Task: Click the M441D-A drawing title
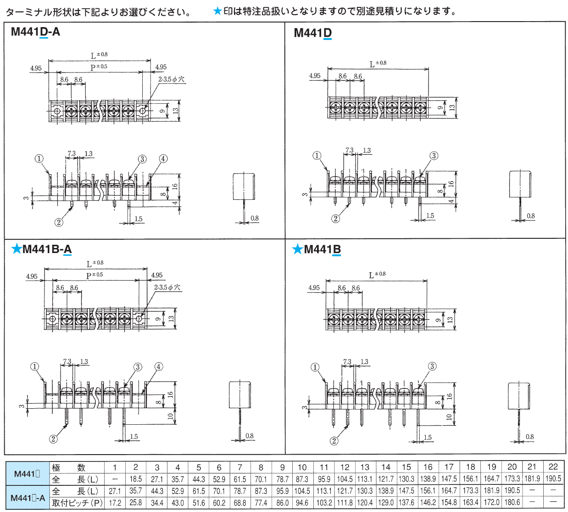tap(35, 32)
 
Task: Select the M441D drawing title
tap(312, 33)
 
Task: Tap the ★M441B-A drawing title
tap(42, 249)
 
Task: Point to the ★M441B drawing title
tap(317, 249)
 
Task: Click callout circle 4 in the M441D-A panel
tap(163, 158)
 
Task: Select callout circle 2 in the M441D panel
tap(336, 219)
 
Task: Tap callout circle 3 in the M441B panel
tap(432, 366)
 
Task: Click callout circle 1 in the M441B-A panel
tap(35, 366)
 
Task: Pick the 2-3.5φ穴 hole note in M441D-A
tap(171, 79)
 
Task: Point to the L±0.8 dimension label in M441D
tap(378, 64)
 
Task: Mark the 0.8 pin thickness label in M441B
tap(529, 437)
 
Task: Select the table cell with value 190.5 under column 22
tap(553, 478)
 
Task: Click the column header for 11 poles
tap(324, 467)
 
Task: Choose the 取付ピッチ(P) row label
tap(77, 503)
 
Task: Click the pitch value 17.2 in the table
tap(115, 503)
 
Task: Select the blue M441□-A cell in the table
tap(28, 498)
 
